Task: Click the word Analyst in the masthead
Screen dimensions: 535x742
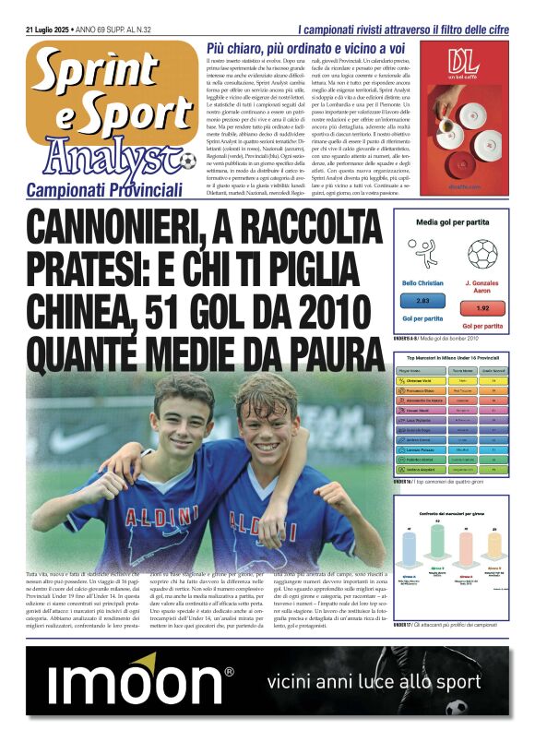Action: [x=106, y=155]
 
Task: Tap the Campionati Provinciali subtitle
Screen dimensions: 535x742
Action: [x=104, y=189]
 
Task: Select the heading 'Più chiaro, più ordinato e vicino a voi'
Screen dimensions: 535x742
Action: [x=305, y=47]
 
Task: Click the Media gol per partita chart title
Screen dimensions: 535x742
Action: [x=451, y=223]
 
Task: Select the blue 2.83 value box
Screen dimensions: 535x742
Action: [x=423, y=301]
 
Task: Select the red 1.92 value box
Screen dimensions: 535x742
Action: [x=482, y=308]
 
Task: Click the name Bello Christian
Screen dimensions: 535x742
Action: [x=423, y=283]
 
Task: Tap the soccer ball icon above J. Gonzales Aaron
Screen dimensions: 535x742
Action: [x=481, y=254]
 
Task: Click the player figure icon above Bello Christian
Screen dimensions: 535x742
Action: [x=424, y=252]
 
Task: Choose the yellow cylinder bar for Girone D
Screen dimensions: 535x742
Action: [x=493, y=549]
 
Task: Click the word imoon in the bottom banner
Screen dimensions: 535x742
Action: [x=137, y=684]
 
